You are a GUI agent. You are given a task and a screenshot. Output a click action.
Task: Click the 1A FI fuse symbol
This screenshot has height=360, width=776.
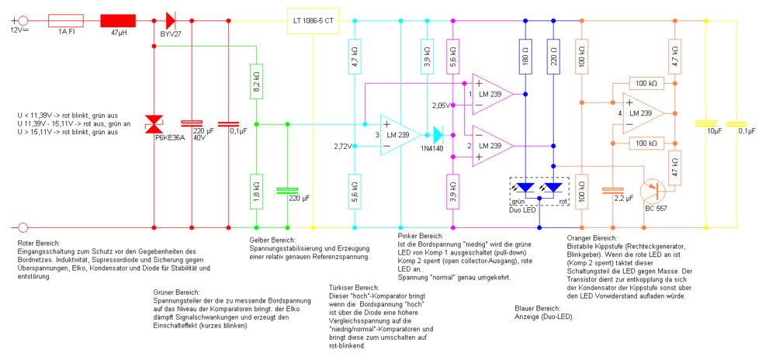point(65,19)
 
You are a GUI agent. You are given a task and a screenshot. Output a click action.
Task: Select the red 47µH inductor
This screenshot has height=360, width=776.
point(118,19)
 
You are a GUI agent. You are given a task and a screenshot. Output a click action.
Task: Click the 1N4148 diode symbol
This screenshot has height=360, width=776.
point(438,135)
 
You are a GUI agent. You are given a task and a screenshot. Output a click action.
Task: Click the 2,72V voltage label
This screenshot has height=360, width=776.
point(344,146)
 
